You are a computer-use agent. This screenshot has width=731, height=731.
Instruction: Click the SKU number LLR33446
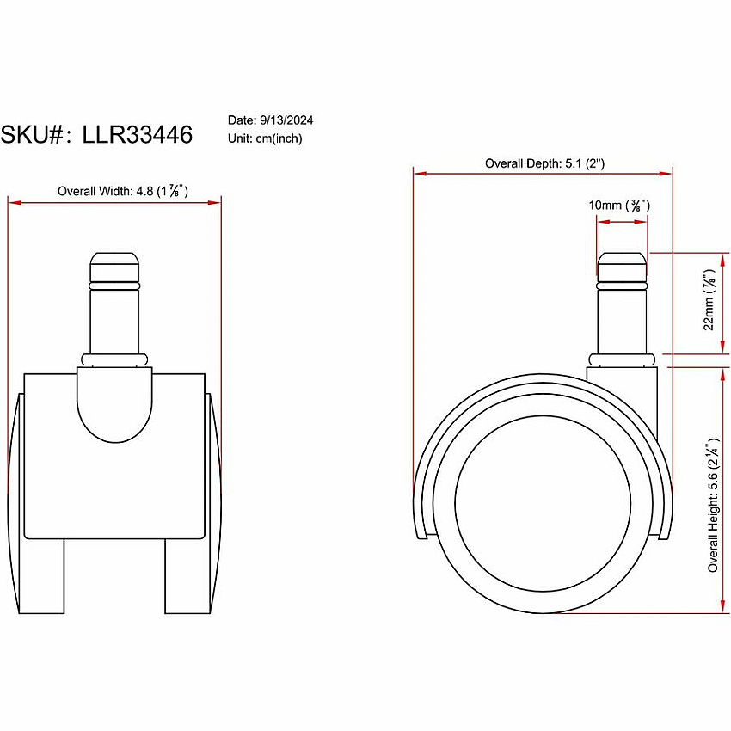[x=137, y=135]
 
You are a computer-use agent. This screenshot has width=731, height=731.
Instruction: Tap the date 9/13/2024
[x=286, y=120]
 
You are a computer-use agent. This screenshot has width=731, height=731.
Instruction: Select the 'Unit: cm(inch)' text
[x=265, y=138]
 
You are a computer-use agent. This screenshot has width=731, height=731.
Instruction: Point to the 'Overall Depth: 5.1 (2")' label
[x=544, y=163]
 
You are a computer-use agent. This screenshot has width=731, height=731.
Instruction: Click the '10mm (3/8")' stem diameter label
[x=619, y=206]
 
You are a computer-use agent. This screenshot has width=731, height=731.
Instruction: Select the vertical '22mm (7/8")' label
[x=709, y=300]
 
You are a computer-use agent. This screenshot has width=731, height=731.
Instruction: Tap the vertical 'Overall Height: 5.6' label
[x=713, y=505]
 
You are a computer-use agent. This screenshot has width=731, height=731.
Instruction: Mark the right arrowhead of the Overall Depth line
[x=666, y=174]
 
